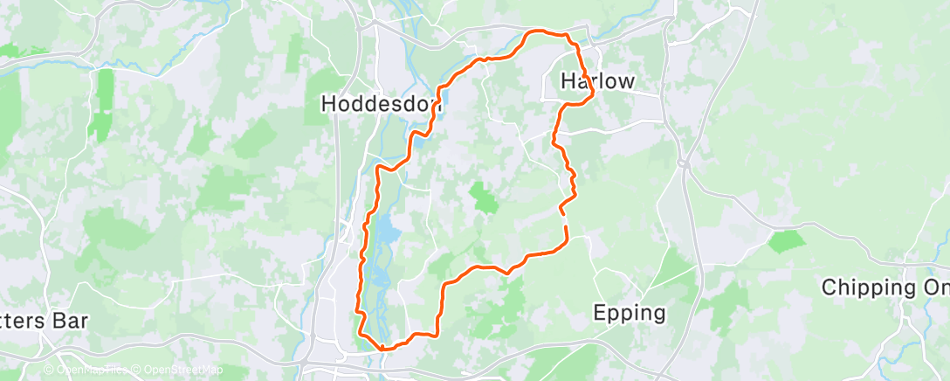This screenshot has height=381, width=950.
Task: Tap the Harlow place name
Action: [597, 81]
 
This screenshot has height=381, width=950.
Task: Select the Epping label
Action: [629, 312]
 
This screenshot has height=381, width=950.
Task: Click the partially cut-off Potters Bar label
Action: [44, 320]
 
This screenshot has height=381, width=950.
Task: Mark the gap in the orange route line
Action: [565, 219]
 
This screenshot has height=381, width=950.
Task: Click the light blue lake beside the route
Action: [385, 232]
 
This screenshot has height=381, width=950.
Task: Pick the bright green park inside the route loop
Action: [484, 197]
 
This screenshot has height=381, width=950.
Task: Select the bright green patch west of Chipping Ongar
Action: [788, 240]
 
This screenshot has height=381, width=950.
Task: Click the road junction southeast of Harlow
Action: [684, 163]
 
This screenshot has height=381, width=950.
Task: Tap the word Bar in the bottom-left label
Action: [72, 320]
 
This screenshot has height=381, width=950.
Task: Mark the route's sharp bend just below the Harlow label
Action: [592, 92]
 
